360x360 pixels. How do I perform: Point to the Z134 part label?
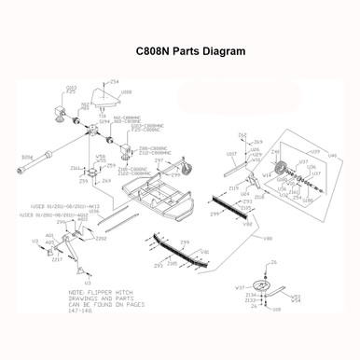(249, 294)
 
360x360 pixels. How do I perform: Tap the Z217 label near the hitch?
(56, 259)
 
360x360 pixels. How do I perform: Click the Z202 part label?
(102, 240)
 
